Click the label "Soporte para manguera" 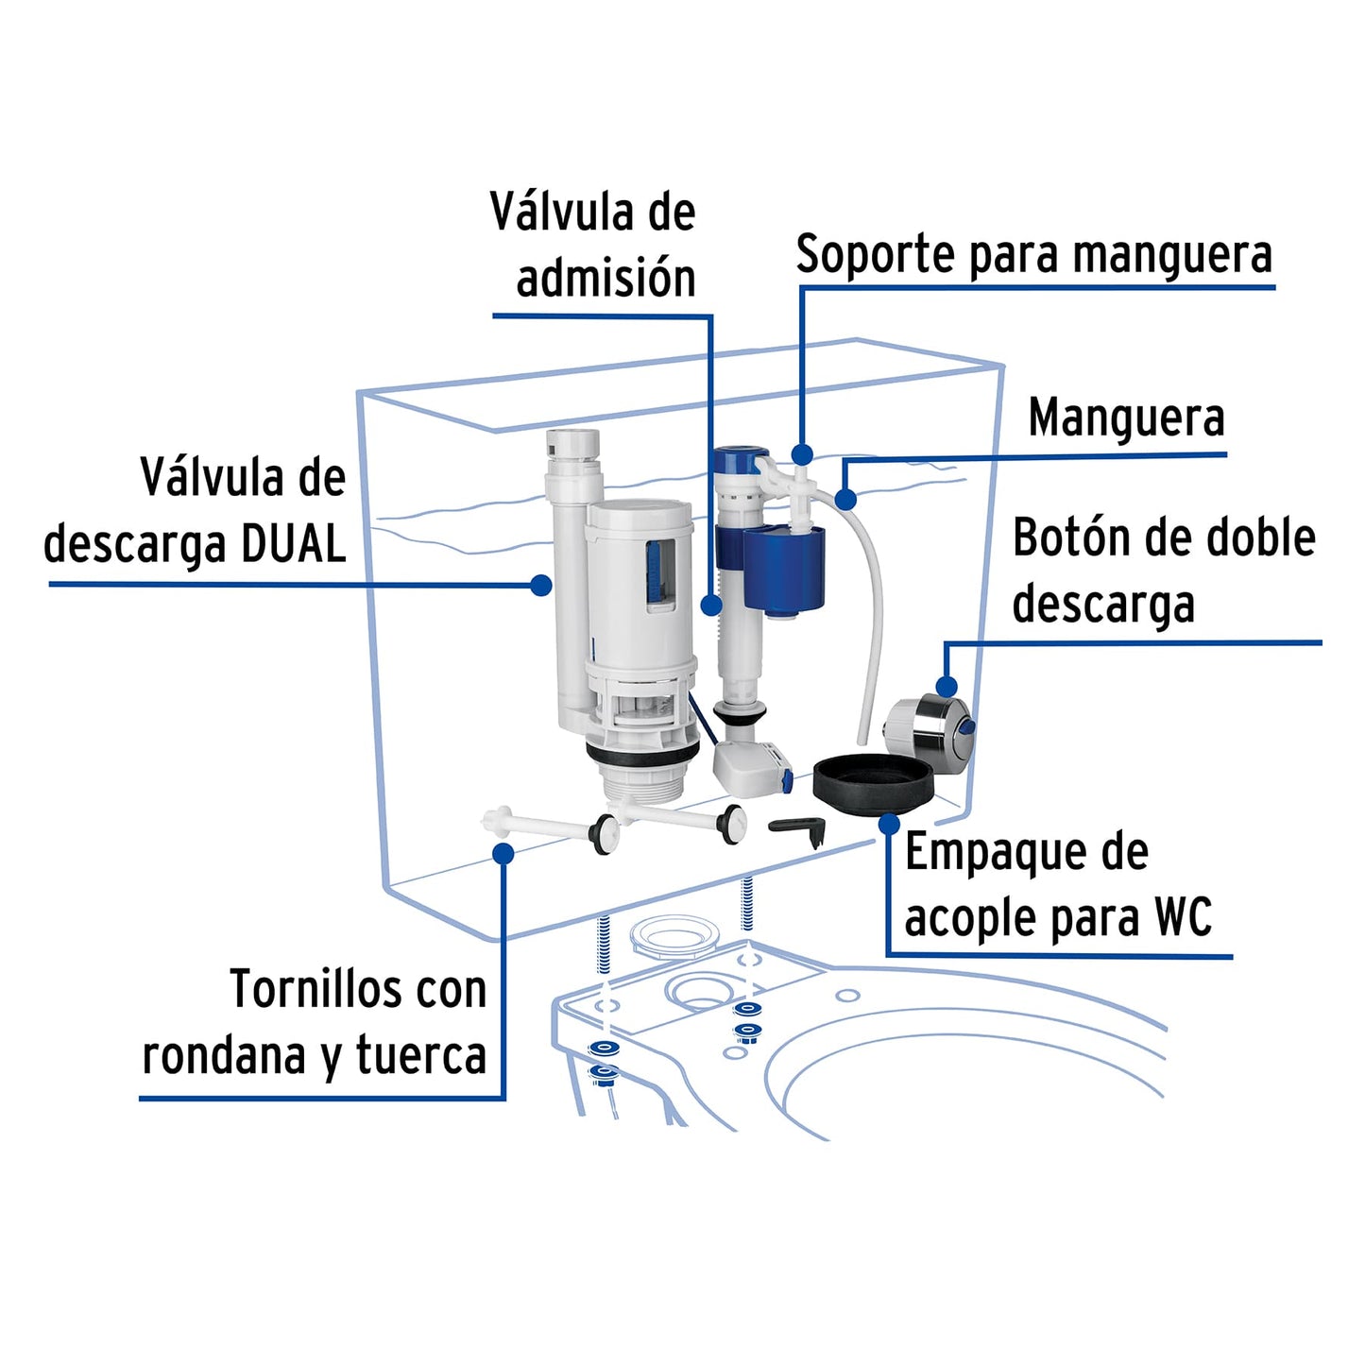tap(1033, 255)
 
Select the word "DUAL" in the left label tap(294, 544)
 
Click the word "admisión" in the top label tap(606, 279)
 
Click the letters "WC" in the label tap(1183, 917)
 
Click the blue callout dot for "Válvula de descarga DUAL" tap(540, 586)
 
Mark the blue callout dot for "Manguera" tap(845, 499)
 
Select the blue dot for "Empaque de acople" tap(888, 825)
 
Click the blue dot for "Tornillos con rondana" tap(503, 854)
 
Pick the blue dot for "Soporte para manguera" tap(802, 455)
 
